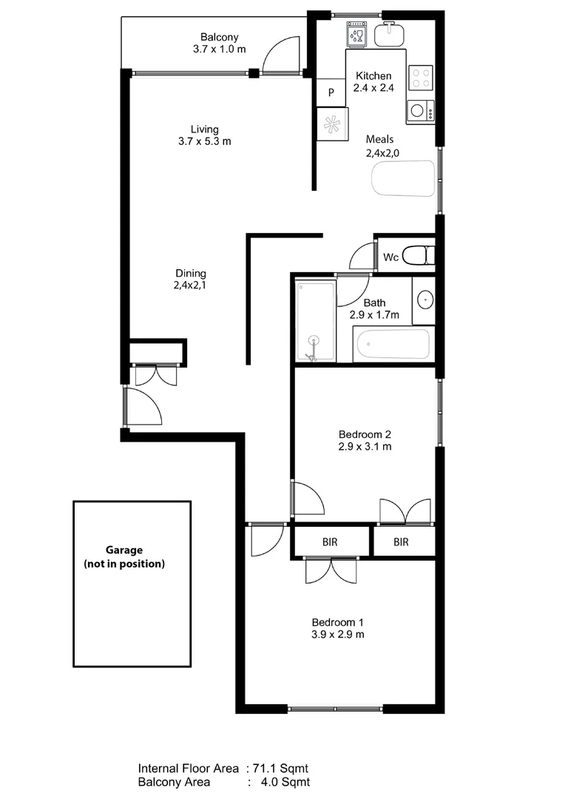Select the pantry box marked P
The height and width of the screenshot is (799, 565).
[x=331, y=92]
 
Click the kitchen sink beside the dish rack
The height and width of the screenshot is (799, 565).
[x=388, y=34]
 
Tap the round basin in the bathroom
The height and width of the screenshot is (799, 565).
[x=425, y=300]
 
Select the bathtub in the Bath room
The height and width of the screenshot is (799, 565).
[x=392, y=344]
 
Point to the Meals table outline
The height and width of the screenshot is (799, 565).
[x=403, y=178]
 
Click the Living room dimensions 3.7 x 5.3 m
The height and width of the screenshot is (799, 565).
[x=204, y=141]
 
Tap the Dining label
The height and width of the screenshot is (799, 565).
[x=191, y=273]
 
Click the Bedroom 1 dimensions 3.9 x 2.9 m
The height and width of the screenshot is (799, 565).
[x=337, y=634]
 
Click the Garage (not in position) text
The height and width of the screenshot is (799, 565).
[x=124, y=556]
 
